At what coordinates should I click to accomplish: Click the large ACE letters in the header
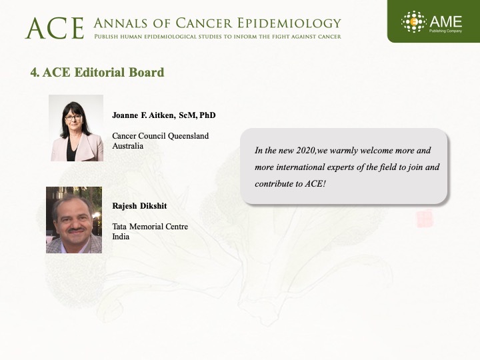[55, 28]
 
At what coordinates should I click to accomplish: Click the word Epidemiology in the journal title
[289, 23]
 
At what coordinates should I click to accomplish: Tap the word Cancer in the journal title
[203, 23]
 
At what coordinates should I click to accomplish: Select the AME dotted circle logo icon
[413, 22]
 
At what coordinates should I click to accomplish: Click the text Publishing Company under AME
[445, 31]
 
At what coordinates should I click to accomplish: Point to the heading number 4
[35, 73]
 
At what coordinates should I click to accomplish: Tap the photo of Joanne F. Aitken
[76, 128]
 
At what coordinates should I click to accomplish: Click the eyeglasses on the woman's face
[73, 117]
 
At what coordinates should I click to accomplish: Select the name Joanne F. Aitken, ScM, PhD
[164, 115]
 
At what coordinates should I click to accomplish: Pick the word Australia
[127, 146]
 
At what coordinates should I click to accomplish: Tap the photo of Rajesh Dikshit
[74, 220]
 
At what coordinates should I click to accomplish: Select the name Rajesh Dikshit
[139, 206]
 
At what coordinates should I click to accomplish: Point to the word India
[121, 236]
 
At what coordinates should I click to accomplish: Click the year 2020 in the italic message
[305, 150]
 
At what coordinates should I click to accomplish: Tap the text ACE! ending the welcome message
[315, 183]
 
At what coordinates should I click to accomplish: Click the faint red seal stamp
[425, 219]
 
